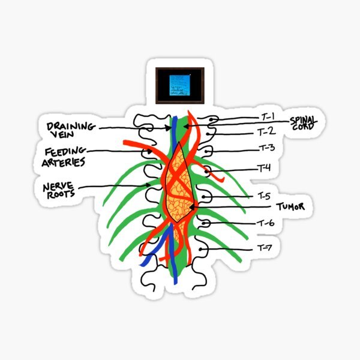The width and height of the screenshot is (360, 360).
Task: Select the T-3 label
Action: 266,148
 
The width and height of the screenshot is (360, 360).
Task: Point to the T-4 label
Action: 265,168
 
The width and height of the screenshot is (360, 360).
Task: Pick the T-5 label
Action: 265,196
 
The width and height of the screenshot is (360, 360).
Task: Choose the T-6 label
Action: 266,223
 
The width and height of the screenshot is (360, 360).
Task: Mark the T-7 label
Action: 265,247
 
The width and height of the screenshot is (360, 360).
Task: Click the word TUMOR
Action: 291,206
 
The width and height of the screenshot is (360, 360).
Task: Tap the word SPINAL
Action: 304,119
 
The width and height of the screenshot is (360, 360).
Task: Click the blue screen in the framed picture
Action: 180,84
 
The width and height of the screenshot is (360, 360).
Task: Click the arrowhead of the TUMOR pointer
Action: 191,208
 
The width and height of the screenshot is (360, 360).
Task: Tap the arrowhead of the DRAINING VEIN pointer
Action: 169,128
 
